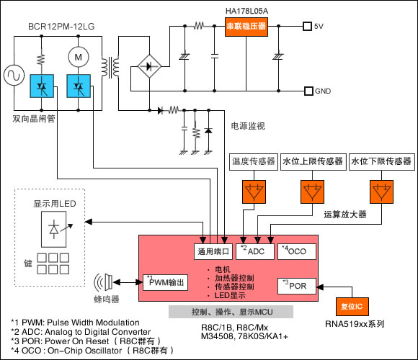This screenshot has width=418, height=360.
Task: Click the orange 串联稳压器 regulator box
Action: (x=246, y=27)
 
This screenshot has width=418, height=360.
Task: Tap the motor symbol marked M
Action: (x=78, y=57)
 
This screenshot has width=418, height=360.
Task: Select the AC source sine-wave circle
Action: (x=14, y=75)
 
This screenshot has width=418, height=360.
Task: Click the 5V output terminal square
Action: (x=307, y=26)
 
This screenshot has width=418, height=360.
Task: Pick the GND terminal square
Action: (x=308, y=91)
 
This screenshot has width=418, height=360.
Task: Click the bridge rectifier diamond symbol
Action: (x=149, y=66)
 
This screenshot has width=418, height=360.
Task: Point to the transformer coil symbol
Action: (x=110, y=68)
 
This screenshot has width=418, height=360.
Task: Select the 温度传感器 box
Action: (x=254, y=161)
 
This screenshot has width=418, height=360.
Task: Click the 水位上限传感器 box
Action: (x=313, y=161)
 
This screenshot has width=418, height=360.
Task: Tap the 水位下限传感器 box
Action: (x=382, y=161)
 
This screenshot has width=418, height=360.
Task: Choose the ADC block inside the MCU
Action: (x=255, y=251)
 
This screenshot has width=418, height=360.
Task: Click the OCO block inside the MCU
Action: (x=297, y=251)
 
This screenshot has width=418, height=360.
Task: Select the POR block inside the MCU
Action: (x=297, y=287)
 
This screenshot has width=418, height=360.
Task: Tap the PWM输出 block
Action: (x=165, y=282)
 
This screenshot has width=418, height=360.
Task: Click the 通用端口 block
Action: (x=213, y=251)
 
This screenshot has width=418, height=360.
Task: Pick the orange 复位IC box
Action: (x=352, y=307)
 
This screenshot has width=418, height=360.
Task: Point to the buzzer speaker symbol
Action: (x=104, y=282)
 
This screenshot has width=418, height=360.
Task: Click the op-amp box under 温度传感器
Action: (x=254, y=192)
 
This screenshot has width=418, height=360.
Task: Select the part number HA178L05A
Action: (x=247, y=11)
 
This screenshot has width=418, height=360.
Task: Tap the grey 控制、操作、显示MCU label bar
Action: (x=231, y=312)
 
